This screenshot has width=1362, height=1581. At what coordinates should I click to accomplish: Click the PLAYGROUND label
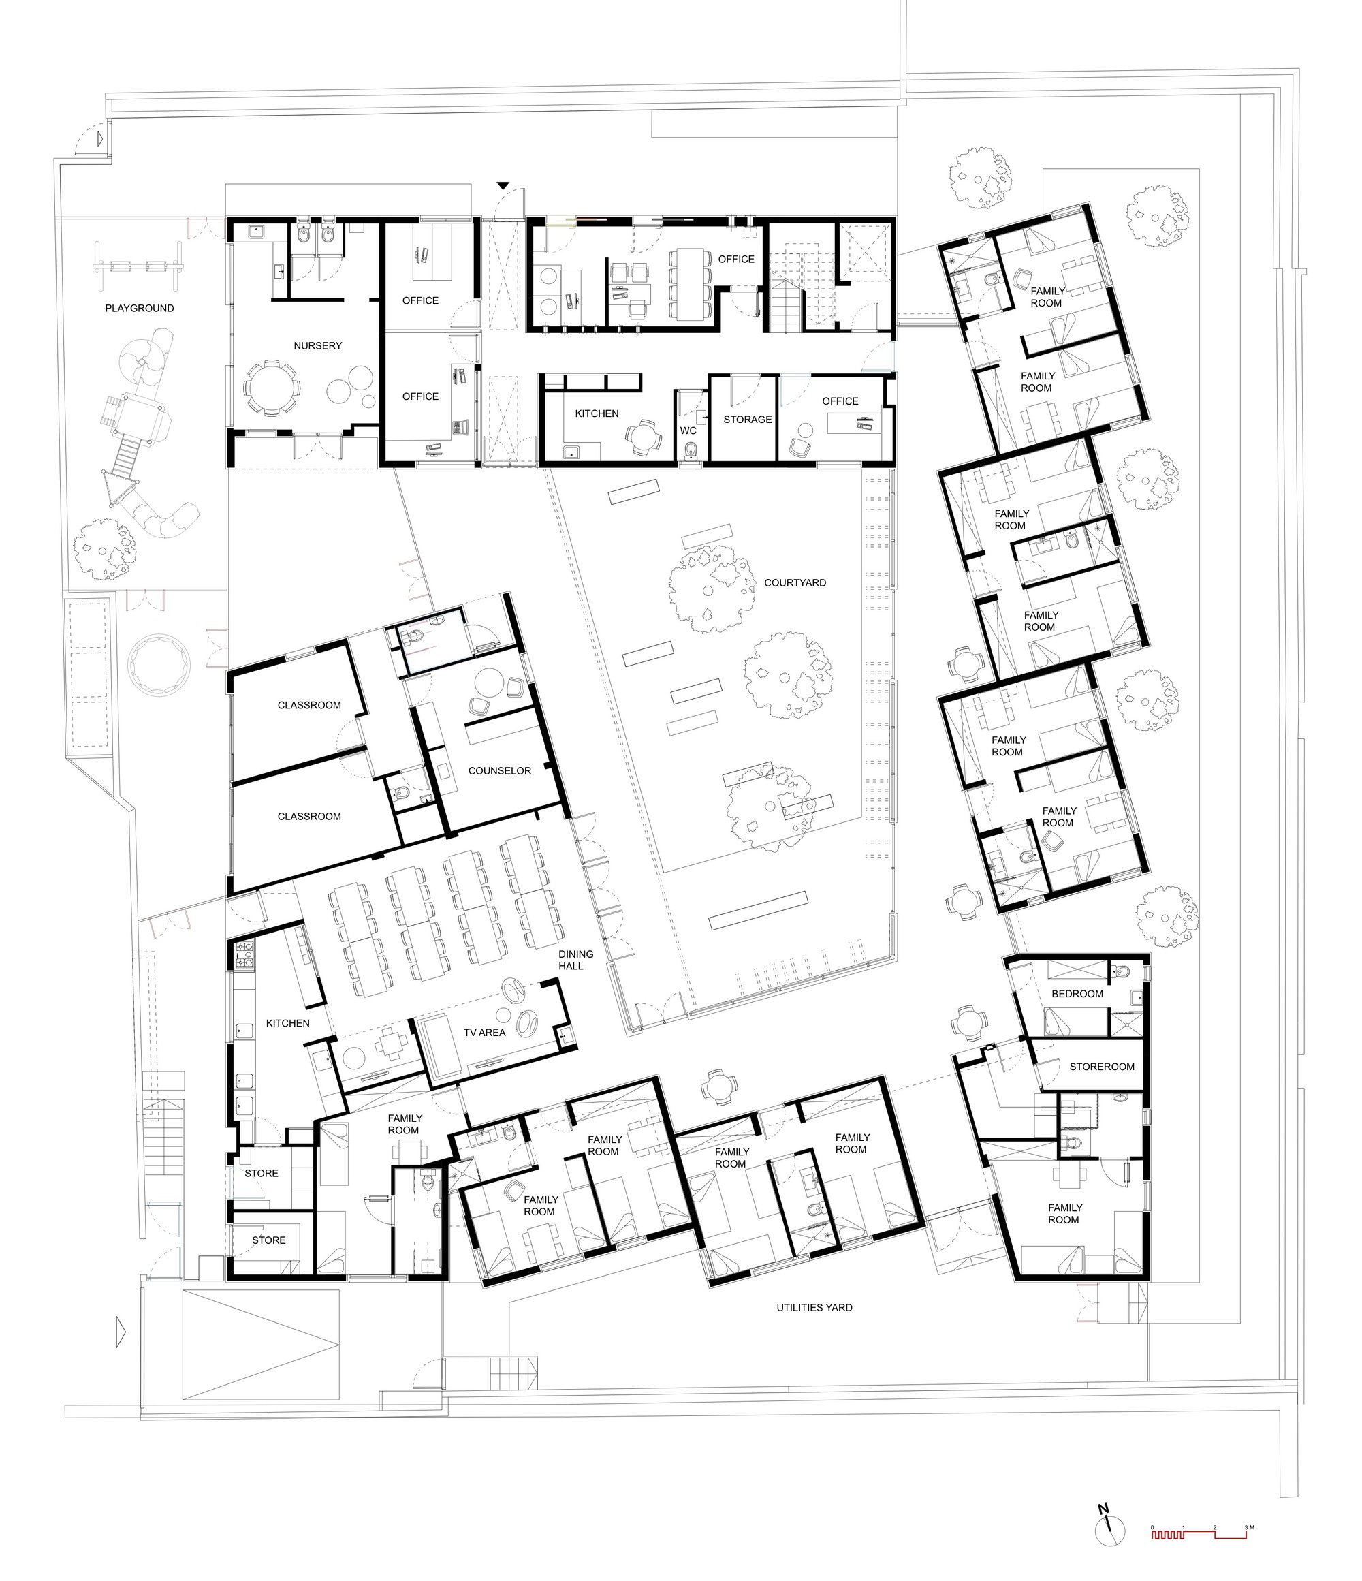(x=139, y=309)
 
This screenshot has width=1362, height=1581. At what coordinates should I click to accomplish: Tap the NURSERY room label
(x=317, y=345)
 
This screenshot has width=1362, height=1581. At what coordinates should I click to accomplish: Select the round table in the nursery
(x=270, y=388)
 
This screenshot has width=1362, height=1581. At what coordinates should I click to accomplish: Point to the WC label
(x=688, y=431)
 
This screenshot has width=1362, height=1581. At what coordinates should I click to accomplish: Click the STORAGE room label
(x=747, y=420)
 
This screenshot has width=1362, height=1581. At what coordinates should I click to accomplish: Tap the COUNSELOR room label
(x=499, y=770)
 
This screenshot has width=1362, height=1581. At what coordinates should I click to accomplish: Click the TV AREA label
(x=484, y=1033)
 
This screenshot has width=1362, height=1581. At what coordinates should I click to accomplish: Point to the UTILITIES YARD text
(x=814, y=1308)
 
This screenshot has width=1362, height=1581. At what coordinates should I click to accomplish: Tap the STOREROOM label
(x=1101, y=1067)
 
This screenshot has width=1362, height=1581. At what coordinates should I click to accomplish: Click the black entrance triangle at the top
(x=502, y=185)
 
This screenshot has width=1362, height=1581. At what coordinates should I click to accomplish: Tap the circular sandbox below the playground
(x=160, y=663)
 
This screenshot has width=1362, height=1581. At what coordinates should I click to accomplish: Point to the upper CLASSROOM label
(x=309, y=705)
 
